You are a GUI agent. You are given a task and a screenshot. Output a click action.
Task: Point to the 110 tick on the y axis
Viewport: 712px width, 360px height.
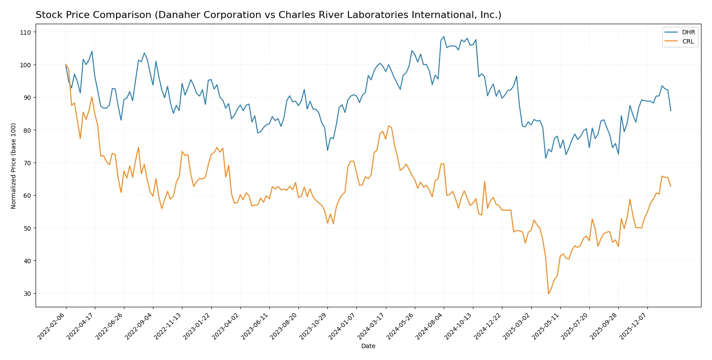[x=25, y=33]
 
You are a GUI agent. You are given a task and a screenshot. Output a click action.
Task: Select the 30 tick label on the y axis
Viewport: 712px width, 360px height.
[x=27, y=294]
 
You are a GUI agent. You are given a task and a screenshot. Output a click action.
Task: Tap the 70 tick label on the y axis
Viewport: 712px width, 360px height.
[x=27, y=163]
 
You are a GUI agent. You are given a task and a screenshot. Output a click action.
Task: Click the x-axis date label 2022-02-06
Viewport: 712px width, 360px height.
[x=52, y=326]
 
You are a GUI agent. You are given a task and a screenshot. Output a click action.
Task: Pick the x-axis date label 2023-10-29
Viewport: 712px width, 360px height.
[x=313, y=326]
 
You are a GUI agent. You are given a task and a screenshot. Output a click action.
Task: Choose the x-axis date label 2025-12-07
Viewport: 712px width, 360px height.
[x=633, y=326]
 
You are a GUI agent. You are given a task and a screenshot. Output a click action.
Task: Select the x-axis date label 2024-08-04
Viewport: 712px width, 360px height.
[x=430, y=326]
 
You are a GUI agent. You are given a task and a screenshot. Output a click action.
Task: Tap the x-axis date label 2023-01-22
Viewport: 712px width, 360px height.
[x=197, y=326]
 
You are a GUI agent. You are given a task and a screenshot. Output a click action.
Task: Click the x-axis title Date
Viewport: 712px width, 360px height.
[x=368, y=346]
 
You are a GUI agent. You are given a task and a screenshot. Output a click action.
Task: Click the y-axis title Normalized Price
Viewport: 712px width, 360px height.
[x=14, y=166]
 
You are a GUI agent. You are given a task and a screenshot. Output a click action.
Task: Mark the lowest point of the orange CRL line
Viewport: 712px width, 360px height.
[x=549, y=294]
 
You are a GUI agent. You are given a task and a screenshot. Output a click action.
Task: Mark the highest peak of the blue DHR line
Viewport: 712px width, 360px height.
[x=444, y=36]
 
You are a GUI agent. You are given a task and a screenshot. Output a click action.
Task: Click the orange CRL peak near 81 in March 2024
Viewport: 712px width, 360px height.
[x=389, y=126]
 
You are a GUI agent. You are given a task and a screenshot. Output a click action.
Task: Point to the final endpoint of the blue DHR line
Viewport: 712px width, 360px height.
[x=671, y=110]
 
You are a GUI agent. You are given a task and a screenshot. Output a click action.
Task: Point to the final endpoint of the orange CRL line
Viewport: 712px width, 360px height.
[x=671, y=186]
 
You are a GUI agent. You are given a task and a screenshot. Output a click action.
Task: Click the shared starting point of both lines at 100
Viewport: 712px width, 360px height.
[x=66, y=65]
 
